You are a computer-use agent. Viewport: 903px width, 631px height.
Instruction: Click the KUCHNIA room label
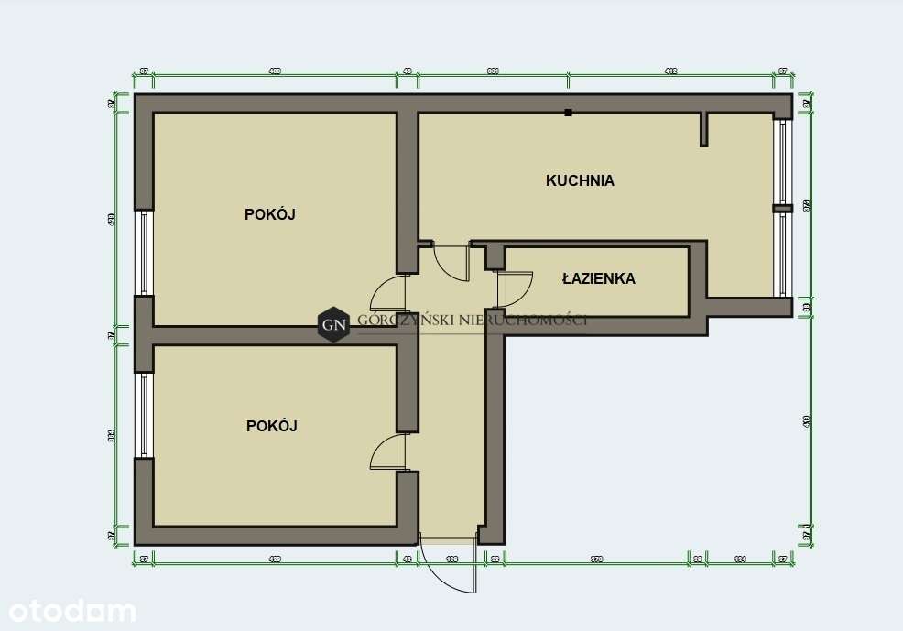pos(580,180)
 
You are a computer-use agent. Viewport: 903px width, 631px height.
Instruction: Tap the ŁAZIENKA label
pos(598,278)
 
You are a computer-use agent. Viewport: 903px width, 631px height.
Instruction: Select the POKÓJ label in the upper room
pos(270,214)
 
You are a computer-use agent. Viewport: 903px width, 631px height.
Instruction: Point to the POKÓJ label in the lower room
pos(272,426)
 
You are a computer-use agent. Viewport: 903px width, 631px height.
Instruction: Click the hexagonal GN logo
pos(334,323)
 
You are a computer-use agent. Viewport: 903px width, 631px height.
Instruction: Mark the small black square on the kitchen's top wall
pos(569,113)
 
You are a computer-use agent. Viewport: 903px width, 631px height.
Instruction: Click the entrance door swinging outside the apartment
pos(449,566)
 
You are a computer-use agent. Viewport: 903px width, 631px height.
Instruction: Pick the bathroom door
pos(513,289)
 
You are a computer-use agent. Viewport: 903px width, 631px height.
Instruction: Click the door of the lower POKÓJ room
pos(388,452)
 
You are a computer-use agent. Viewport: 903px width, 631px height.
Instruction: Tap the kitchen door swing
pos(451,262)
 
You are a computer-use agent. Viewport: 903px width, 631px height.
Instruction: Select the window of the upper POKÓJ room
pos(144,253)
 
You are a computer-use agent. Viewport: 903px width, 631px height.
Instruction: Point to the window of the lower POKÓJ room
pos(144,414)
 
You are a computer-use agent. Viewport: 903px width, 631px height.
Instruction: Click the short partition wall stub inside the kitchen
pos(703,129)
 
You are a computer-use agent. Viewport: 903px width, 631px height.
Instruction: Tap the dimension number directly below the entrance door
pos(451,558)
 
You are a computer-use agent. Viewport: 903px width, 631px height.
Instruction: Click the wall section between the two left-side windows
pos(144,333)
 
